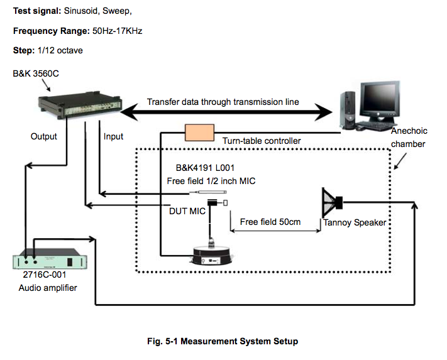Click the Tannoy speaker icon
(331, 203)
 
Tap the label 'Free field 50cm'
(271, 222)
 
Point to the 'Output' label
(44, 136)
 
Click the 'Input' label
(113, 136)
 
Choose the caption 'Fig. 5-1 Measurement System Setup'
(223, 341)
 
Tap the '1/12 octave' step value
(56, 50)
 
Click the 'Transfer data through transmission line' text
(223, 102)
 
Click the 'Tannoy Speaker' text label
(354, 223)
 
